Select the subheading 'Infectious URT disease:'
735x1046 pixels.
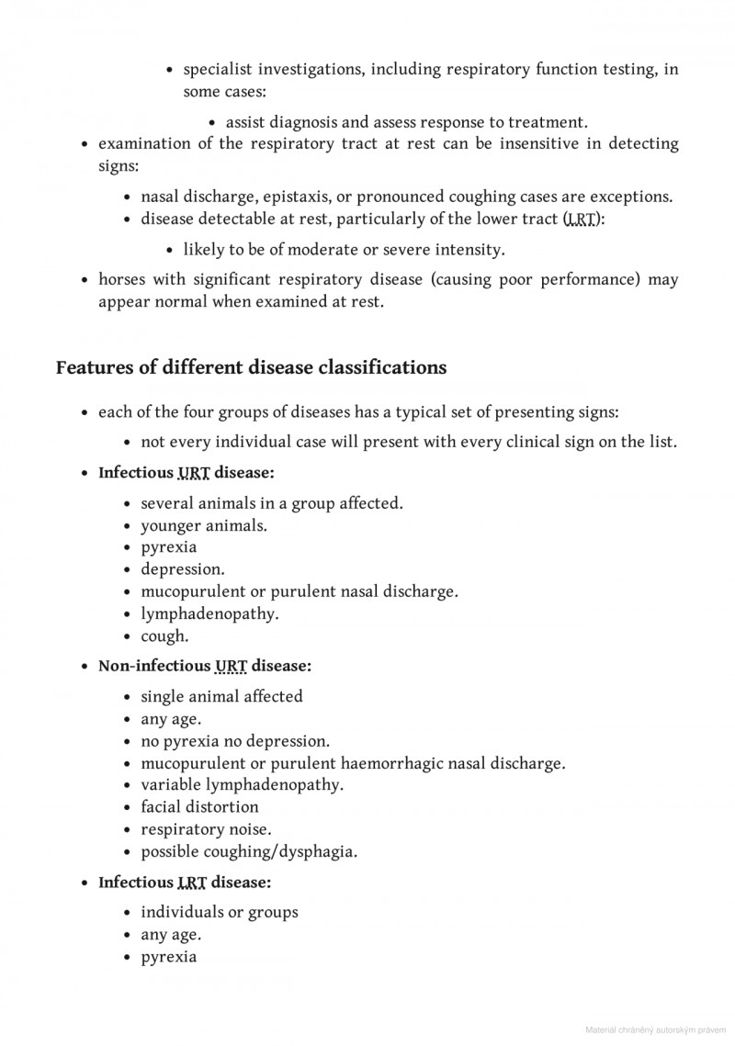[187, 474]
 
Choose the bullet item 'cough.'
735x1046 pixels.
[164, 635]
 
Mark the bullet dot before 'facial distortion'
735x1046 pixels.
[129, 808]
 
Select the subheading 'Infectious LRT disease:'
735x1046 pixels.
[185, 883]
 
